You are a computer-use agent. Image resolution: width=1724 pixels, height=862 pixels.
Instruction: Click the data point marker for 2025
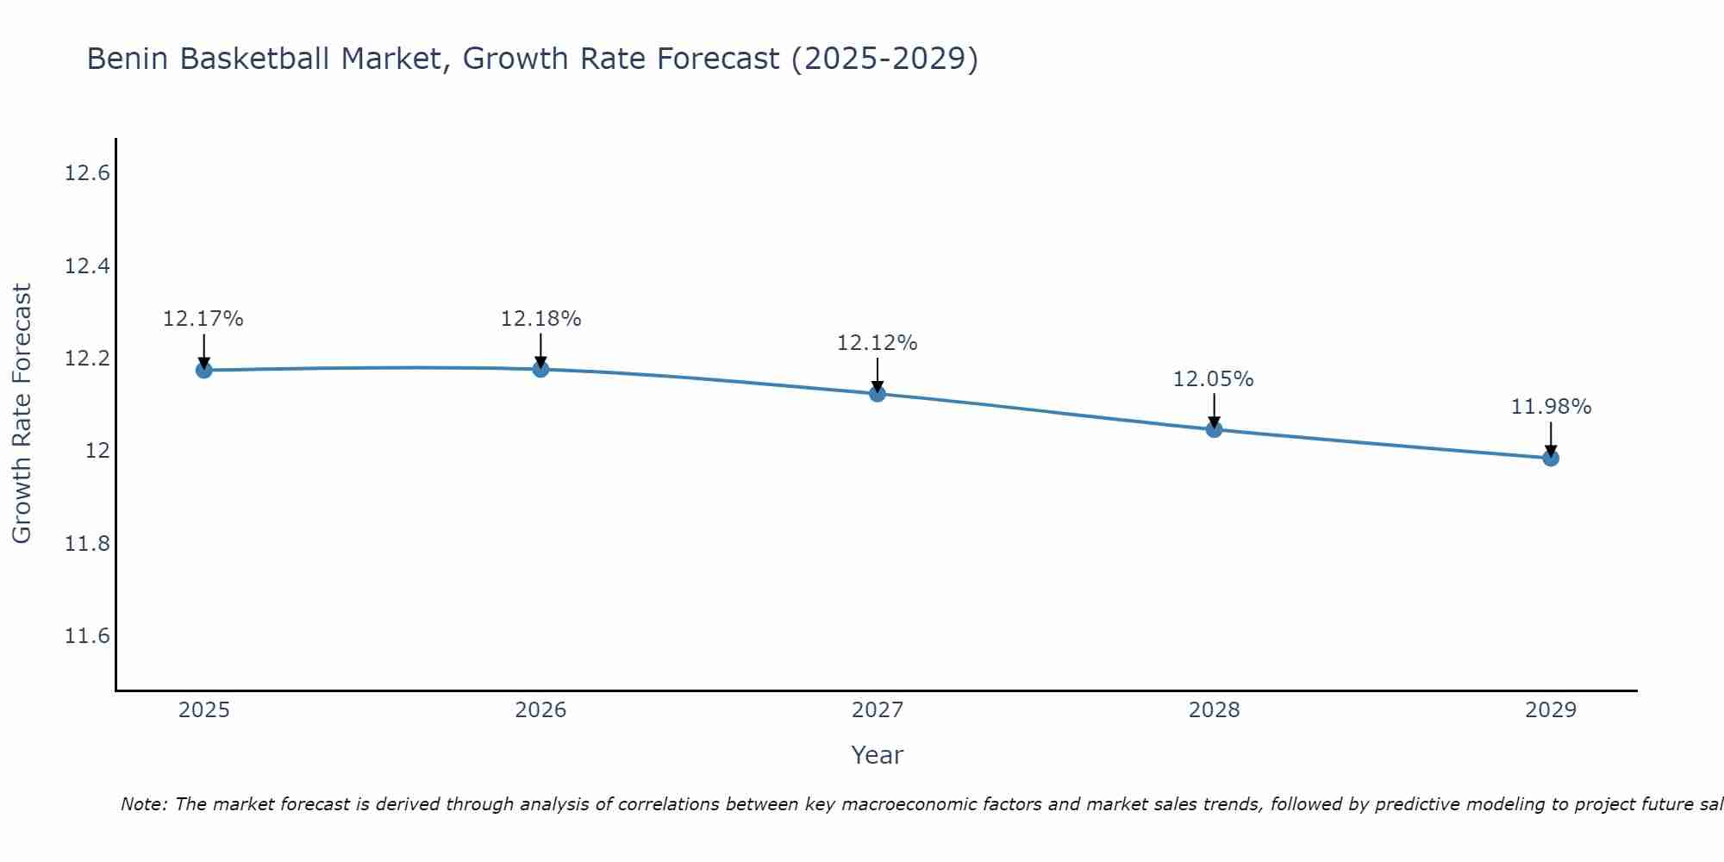point(204,370)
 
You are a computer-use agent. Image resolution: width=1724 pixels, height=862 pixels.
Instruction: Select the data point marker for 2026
point(540,369)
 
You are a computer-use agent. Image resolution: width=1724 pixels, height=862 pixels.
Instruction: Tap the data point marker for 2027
point(878,394)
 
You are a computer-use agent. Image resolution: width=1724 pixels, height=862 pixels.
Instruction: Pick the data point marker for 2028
point(1214,429)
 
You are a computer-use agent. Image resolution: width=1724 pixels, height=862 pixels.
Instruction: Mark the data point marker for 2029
point(1551,458)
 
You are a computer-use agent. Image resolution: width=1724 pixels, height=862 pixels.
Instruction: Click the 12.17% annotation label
point(203,319)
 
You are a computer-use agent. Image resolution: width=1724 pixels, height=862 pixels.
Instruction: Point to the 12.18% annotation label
point(540,319)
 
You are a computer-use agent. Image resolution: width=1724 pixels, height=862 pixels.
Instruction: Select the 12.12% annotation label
point(877,343)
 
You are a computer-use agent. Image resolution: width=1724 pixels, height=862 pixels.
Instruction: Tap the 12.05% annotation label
point(1213,379)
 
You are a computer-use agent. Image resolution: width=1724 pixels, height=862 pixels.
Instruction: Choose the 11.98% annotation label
point(1551,407)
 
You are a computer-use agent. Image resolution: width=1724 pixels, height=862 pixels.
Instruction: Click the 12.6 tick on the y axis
point(87,173)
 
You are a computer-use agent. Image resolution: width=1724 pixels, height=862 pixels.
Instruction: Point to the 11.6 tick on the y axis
point(87,636)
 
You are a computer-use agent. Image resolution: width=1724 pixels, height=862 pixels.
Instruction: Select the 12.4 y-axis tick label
point(87,266)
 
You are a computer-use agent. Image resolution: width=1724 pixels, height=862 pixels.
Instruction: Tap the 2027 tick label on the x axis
point(878,710)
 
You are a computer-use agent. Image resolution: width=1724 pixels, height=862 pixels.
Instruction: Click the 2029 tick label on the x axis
point(1551,710)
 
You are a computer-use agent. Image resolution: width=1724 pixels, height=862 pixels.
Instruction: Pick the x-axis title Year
point(877,755)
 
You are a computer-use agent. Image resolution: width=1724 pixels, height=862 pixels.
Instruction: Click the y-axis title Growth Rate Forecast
point(22,414)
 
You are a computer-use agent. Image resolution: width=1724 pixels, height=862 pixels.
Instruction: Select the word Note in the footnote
point(143,804)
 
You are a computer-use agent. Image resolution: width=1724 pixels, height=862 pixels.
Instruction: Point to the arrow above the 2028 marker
point(1214,410)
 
